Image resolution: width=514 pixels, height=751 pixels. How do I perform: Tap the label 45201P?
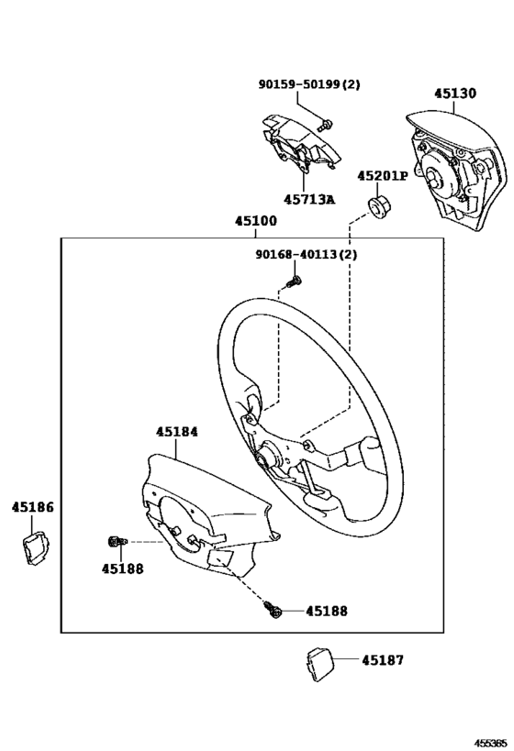coord(382,176)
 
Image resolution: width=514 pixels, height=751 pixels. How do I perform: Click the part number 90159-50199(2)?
coord(308,84)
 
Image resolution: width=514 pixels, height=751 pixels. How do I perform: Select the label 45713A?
coord(309,199)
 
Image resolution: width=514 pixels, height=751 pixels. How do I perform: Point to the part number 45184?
coord(176,431)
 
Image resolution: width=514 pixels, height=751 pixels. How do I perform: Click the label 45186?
coord(32,506)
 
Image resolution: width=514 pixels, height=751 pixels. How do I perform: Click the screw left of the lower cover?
coord(117,542)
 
